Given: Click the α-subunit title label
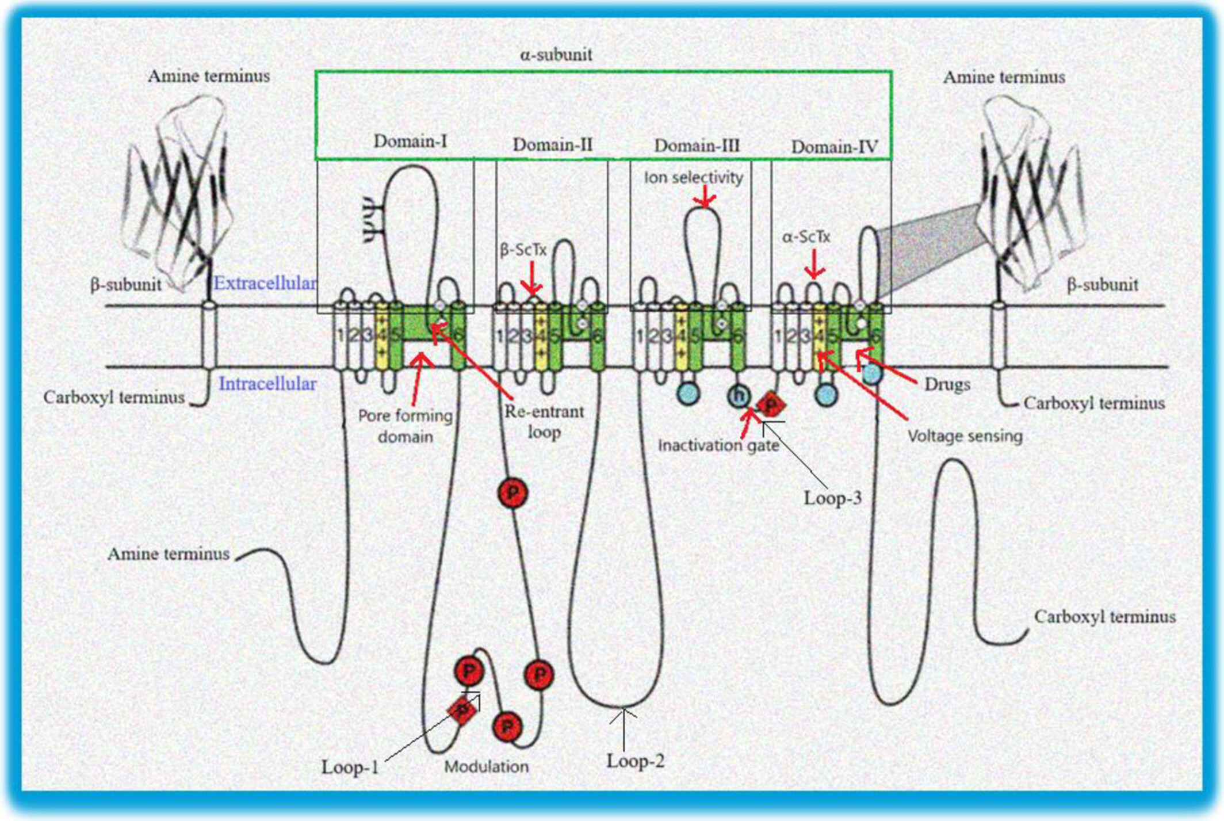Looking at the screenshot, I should click(556, 55).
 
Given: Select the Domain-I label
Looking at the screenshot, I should click(410, 141).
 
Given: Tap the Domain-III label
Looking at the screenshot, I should click(697, 146).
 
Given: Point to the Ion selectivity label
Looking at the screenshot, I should click(693, 178).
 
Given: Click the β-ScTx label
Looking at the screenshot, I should click(523, 250).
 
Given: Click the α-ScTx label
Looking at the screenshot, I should click(806, 237).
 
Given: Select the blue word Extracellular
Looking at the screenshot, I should click(265, 283).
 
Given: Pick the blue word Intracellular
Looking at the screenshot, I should click(267, 384).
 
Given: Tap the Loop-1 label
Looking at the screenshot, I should click(350, 767).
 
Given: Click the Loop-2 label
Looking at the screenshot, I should click(635, 761).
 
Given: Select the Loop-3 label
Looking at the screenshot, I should click(832, 498).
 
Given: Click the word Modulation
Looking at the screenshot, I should click(486, 766).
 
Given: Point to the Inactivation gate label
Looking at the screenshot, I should click(718, 445).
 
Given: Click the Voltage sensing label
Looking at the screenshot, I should click(965, 436).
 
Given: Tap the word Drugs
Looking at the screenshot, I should click(947, 384).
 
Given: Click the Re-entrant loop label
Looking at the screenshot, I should click(544, 422).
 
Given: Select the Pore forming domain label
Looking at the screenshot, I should click(405, 426).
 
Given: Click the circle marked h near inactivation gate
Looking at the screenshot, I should click(739, 396).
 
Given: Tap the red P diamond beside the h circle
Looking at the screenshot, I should click(770, 404).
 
